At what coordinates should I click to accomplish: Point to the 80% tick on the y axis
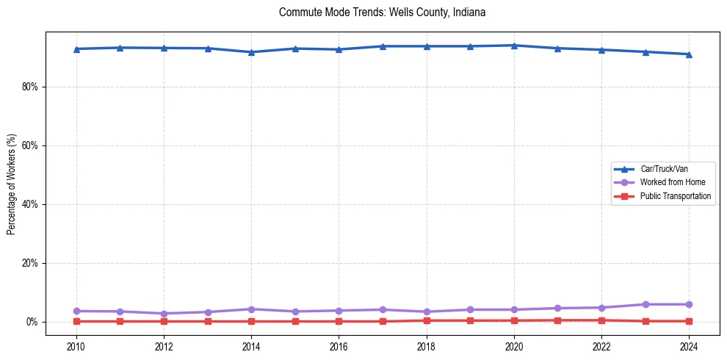[x=30, y=87]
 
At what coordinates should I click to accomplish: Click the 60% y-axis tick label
[x=30, y=145]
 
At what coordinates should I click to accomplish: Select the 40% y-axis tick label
[x=30, y=204]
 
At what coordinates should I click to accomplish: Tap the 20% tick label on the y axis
[x=30, y=263]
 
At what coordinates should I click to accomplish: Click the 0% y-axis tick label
[x=32, y=322]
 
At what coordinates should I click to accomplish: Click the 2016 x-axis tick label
[x=339, y=345]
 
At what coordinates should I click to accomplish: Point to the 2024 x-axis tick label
[x=689, y=345]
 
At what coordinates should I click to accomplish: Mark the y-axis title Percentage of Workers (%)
[x=12, y=184]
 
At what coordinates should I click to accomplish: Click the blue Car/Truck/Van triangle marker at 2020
[x=514, y=46]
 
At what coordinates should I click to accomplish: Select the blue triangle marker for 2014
[x=251, y=52]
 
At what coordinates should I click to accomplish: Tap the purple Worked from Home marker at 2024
[x=689, y=304]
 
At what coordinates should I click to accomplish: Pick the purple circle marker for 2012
[x=164, y=314]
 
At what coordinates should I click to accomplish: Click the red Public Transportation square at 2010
[x=76, y=321]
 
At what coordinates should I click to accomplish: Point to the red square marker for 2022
[x=601, y=320]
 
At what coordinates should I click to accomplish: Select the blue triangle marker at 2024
[x=689, y=54]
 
